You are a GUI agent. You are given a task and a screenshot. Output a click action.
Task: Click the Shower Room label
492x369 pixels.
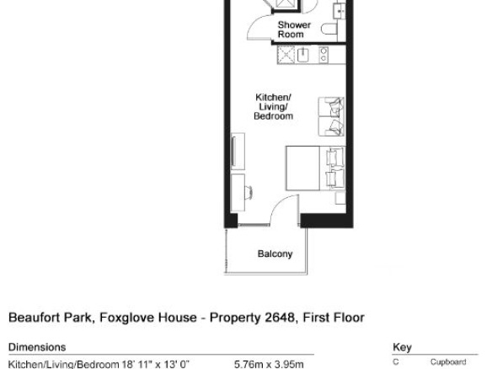(x=294, y=29)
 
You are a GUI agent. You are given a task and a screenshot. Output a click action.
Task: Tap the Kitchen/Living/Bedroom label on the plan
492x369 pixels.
(x=273, y=107)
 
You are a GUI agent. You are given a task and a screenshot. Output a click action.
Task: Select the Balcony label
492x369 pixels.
(x=275, y=254)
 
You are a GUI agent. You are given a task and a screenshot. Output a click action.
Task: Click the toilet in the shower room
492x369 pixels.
(x=329, y=29)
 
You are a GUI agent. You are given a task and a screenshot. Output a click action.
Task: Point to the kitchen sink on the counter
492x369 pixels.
(x=302, y=56)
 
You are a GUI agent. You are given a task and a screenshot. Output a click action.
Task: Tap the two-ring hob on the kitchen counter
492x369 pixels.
(x=324, y=55)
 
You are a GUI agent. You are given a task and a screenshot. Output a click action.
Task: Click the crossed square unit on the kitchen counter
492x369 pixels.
(x=286, y=55)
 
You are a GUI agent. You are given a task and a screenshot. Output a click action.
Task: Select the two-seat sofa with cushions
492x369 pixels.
(x=331, y=117)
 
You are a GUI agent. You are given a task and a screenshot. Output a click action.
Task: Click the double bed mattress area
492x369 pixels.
(x=302, y=168)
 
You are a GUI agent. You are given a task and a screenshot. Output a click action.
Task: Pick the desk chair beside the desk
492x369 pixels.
(x=249, y=193)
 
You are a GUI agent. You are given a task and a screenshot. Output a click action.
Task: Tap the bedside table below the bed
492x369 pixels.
(x=340, y=198)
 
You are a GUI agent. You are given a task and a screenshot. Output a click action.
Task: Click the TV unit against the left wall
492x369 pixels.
(x=238, y=152)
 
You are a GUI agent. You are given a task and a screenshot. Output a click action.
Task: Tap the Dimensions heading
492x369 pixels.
(x=37, y=347)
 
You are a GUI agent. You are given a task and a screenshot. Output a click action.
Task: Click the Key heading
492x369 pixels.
(x=402, y=348)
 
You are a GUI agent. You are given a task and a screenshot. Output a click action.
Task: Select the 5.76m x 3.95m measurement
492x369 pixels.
(x=269, y=364)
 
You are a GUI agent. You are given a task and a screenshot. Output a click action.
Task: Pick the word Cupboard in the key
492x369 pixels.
(x=448, y=362)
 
